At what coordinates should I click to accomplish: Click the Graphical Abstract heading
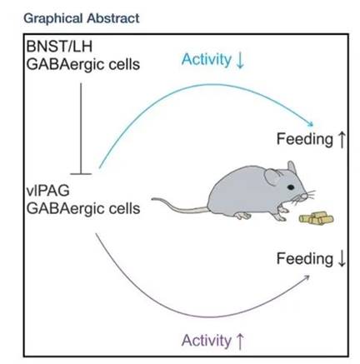pos(82,18)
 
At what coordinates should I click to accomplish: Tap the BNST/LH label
pos(59,46)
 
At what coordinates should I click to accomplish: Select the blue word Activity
pos(206,59)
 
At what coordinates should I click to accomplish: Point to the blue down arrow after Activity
pos(240,60)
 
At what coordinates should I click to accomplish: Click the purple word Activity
pos(206,341)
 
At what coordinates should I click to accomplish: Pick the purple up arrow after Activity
pos(240,342)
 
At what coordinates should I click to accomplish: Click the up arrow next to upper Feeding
pos(342,139)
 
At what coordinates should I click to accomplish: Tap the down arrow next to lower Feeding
pos(342,259)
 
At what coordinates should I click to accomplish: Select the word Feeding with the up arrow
pos(305,139)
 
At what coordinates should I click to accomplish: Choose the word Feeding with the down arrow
pos(305,259)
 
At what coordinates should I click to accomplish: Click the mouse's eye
pos(291,187)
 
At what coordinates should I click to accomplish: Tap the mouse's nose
pos(305,196)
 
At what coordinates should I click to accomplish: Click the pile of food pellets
pos(316,218)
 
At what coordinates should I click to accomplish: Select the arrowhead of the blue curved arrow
pos(310,124)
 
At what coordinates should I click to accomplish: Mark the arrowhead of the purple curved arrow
pos(307,277)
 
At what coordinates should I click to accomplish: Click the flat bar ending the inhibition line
pos(81,174)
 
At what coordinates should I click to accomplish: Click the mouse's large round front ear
pos(273,177)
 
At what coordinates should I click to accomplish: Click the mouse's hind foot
pos(242,216)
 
